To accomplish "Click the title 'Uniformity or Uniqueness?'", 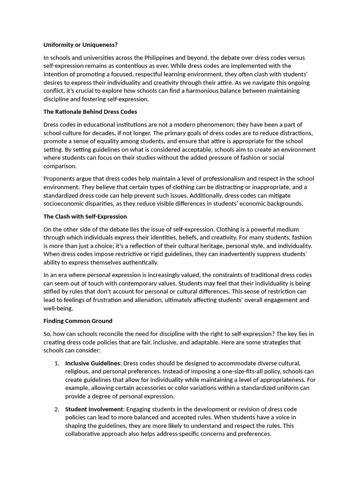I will click(80, 45).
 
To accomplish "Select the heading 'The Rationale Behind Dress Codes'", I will click(90, 112).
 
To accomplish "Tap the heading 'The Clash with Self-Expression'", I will click(85, 217).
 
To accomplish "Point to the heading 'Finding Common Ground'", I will click(78, 321).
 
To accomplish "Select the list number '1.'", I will click(56, 363).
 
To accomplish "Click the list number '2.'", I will click(56, 409).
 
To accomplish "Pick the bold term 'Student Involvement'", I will click(94, 409).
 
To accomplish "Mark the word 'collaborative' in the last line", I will click(83, 434).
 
